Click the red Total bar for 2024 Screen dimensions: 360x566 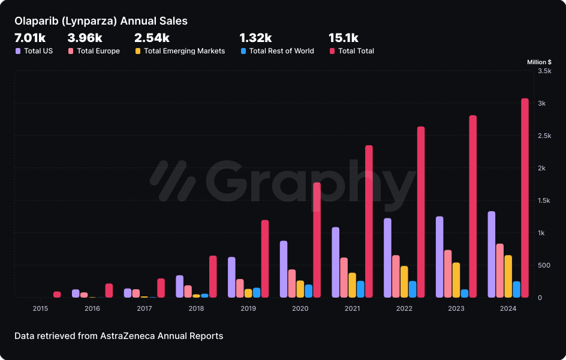click(525, 198)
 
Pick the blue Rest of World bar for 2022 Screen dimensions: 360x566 click(413, 289)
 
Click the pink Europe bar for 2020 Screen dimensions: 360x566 click(291, 283)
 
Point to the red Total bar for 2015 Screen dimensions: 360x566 click(57, 295)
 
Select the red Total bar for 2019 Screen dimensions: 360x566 click(264, 259)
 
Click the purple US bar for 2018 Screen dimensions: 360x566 click(179, 286)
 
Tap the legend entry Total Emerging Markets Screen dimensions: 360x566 click(184, 51)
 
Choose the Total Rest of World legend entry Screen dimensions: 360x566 click(281, 51)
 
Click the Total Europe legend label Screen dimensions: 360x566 click(98, 51)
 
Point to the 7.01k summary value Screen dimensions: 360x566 click(30, 38)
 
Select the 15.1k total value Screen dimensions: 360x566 click(344, 38)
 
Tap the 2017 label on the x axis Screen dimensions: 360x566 click(144, 308)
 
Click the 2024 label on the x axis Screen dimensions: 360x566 click(508, 308)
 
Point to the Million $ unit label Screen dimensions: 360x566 click(539, 62)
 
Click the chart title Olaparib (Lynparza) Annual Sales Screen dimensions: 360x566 click(101, 21)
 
